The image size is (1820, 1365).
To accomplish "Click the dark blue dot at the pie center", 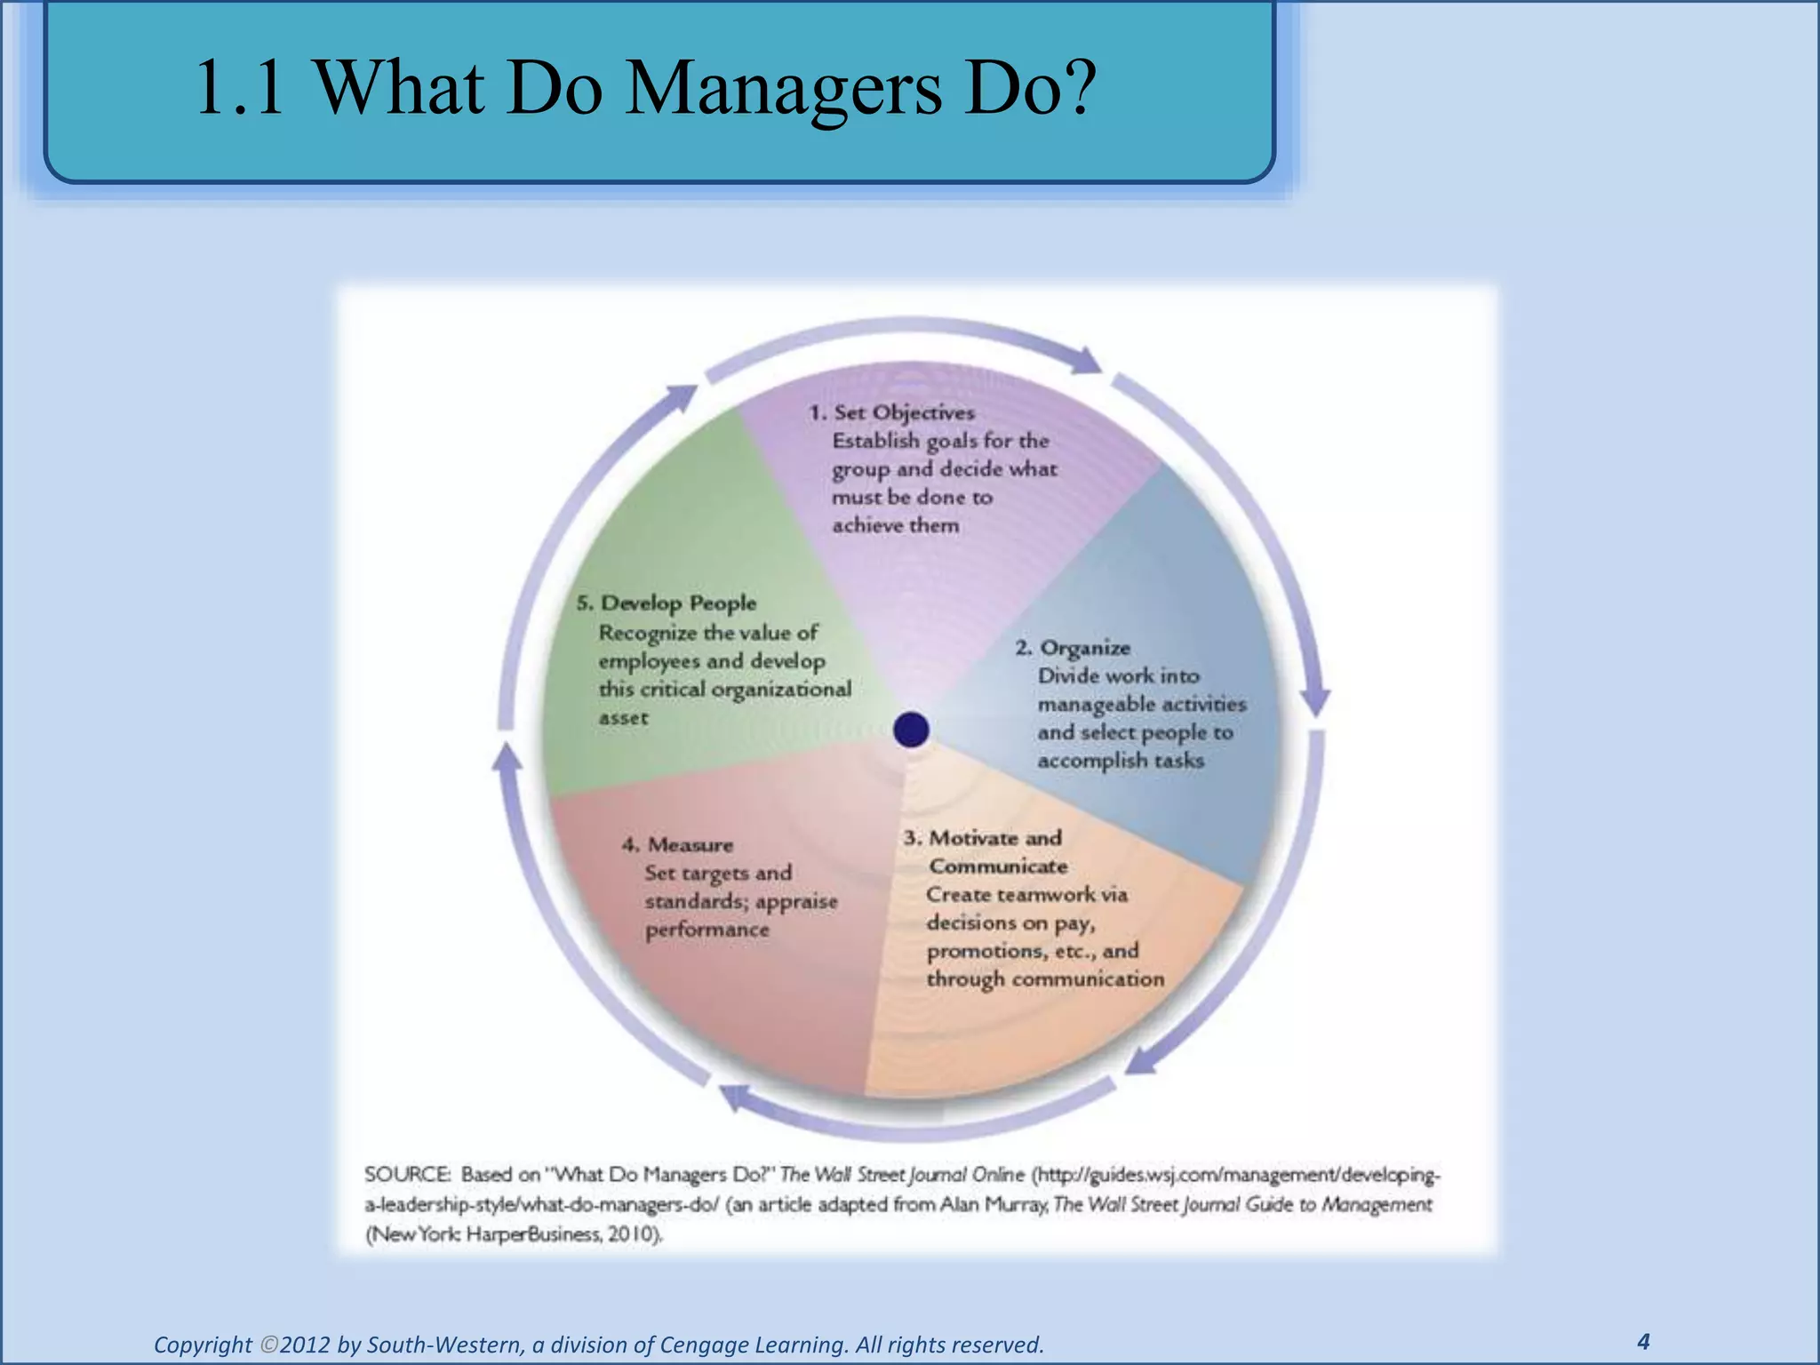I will [x=911, y=730].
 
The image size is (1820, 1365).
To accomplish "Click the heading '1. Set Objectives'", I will [x=891, y=412].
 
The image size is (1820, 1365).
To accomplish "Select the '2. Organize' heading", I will [x=1074, y=647].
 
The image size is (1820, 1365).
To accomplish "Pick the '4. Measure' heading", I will [x=678, y=844].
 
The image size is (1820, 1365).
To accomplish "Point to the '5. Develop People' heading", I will [x=667, y=603].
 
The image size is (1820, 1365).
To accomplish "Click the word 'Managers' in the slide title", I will [x=782, y=89].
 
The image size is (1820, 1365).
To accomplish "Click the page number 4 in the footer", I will [x=1643, y=1341].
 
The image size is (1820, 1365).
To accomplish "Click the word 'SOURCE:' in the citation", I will [x=407, y=1175].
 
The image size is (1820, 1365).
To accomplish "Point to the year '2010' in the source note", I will [x=632, y=1234].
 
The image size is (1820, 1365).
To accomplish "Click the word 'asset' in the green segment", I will [x=623, y=718].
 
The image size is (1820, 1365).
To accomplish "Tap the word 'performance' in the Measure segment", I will [x=707, y=930].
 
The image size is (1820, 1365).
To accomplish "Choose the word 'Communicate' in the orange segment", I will [x=998, y=866].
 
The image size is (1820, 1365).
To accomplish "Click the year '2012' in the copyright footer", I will [x=306, y=1345].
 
